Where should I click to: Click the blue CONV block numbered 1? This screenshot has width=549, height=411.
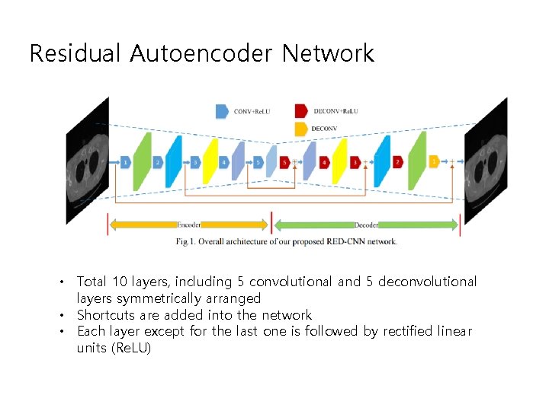pos(125,162)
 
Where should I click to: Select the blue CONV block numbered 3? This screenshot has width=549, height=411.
pos(195,162)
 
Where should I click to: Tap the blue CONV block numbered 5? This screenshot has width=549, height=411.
pos(258,162)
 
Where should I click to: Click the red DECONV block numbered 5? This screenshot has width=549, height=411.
pos(285,162)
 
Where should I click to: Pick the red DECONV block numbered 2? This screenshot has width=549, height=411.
pos(397,162)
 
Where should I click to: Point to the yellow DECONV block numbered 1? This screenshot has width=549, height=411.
pos(434,162)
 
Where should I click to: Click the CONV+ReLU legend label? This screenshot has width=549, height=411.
pos(252,112)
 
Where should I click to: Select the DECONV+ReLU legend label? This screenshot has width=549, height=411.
pos(335,112)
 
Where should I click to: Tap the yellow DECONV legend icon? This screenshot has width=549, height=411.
pos(300,129)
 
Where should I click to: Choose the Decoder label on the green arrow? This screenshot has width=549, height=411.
pos(366,225)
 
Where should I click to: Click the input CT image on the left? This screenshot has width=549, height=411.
pos(86,161)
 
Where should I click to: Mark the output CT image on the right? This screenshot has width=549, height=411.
pos(486,161)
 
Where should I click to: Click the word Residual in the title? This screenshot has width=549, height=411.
pos(75,54)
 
